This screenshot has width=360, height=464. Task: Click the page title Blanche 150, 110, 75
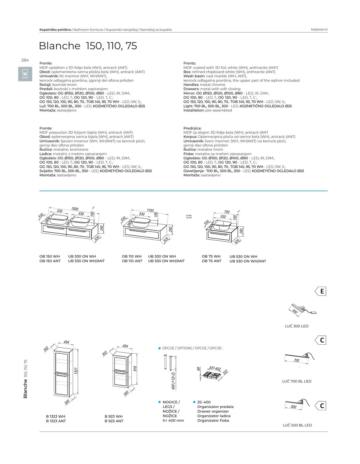click(88, 46)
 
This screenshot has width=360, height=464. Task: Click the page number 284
click(25, 60)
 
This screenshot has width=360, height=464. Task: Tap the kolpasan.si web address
click(319, 29)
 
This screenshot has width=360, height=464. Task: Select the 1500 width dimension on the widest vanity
click(75, 209)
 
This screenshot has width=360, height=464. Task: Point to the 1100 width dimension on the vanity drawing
click(150, 210)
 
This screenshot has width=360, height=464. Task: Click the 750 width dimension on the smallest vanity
click(227, 212)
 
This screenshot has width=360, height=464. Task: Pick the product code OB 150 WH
click(50, 256)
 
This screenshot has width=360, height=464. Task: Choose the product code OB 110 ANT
click(132, 261)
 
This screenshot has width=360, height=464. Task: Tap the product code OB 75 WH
click(211, 256)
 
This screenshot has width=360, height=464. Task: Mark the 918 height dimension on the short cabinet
click(135, 369)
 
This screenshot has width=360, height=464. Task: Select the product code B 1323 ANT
click(56, 421)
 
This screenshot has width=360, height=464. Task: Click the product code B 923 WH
click(114, 416)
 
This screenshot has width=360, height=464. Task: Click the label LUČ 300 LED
click(296, 326)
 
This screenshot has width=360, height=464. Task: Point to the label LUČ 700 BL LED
click(296, 381)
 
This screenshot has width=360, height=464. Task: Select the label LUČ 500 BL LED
click(297, 425)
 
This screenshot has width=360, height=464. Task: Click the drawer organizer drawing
click(211, 374)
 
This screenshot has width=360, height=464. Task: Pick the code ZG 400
click(204, 402)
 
